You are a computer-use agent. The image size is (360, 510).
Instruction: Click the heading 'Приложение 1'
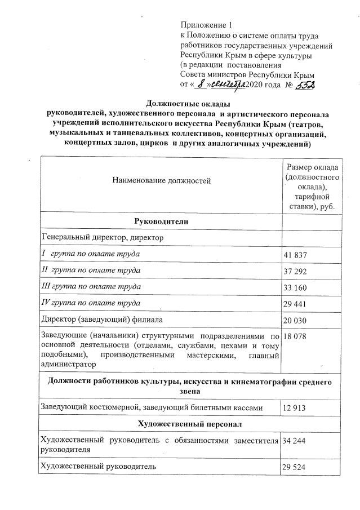pos(206,25)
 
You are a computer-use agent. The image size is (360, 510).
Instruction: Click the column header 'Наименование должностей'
pos(161,181)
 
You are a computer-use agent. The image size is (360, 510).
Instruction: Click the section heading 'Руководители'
pos(161,221)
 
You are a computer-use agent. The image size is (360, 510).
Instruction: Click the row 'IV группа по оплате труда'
pos(90,303)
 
